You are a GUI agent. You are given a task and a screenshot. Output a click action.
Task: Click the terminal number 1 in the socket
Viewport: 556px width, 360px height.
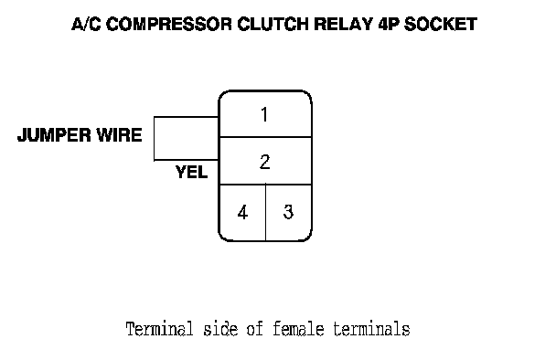264,114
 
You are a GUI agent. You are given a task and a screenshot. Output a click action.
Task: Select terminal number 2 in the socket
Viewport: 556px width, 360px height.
265,162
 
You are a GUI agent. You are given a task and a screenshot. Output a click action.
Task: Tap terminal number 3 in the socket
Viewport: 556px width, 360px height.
288,212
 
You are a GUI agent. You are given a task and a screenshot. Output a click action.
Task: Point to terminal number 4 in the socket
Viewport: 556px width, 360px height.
242,213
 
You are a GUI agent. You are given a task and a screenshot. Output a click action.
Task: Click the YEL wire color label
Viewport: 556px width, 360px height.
191,172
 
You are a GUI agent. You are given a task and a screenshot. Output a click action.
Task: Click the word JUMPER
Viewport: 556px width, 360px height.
54,135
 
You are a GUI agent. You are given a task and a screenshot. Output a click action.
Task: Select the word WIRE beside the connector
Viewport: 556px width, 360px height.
120,134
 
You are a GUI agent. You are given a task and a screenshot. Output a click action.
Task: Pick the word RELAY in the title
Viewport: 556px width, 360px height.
343,24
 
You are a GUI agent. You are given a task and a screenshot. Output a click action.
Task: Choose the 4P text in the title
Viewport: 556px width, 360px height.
388,24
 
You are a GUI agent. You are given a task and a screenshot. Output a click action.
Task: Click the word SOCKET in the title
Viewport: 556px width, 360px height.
441,24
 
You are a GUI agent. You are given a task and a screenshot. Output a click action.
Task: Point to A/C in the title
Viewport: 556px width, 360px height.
86,24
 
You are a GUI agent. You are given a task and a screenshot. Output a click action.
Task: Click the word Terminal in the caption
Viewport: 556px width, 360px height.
160,328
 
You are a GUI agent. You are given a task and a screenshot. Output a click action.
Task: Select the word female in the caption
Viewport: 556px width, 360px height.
298,328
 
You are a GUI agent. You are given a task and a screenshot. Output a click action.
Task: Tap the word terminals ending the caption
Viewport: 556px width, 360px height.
371,329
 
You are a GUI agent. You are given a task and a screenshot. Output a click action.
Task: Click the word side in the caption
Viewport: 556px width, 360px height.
220,328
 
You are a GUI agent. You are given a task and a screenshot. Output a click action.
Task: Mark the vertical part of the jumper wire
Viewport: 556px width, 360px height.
155,139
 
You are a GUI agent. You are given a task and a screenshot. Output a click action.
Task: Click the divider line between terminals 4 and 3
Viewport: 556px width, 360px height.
265,212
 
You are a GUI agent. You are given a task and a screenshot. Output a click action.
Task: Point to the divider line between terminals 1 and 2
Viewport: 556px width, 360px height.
265,137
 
